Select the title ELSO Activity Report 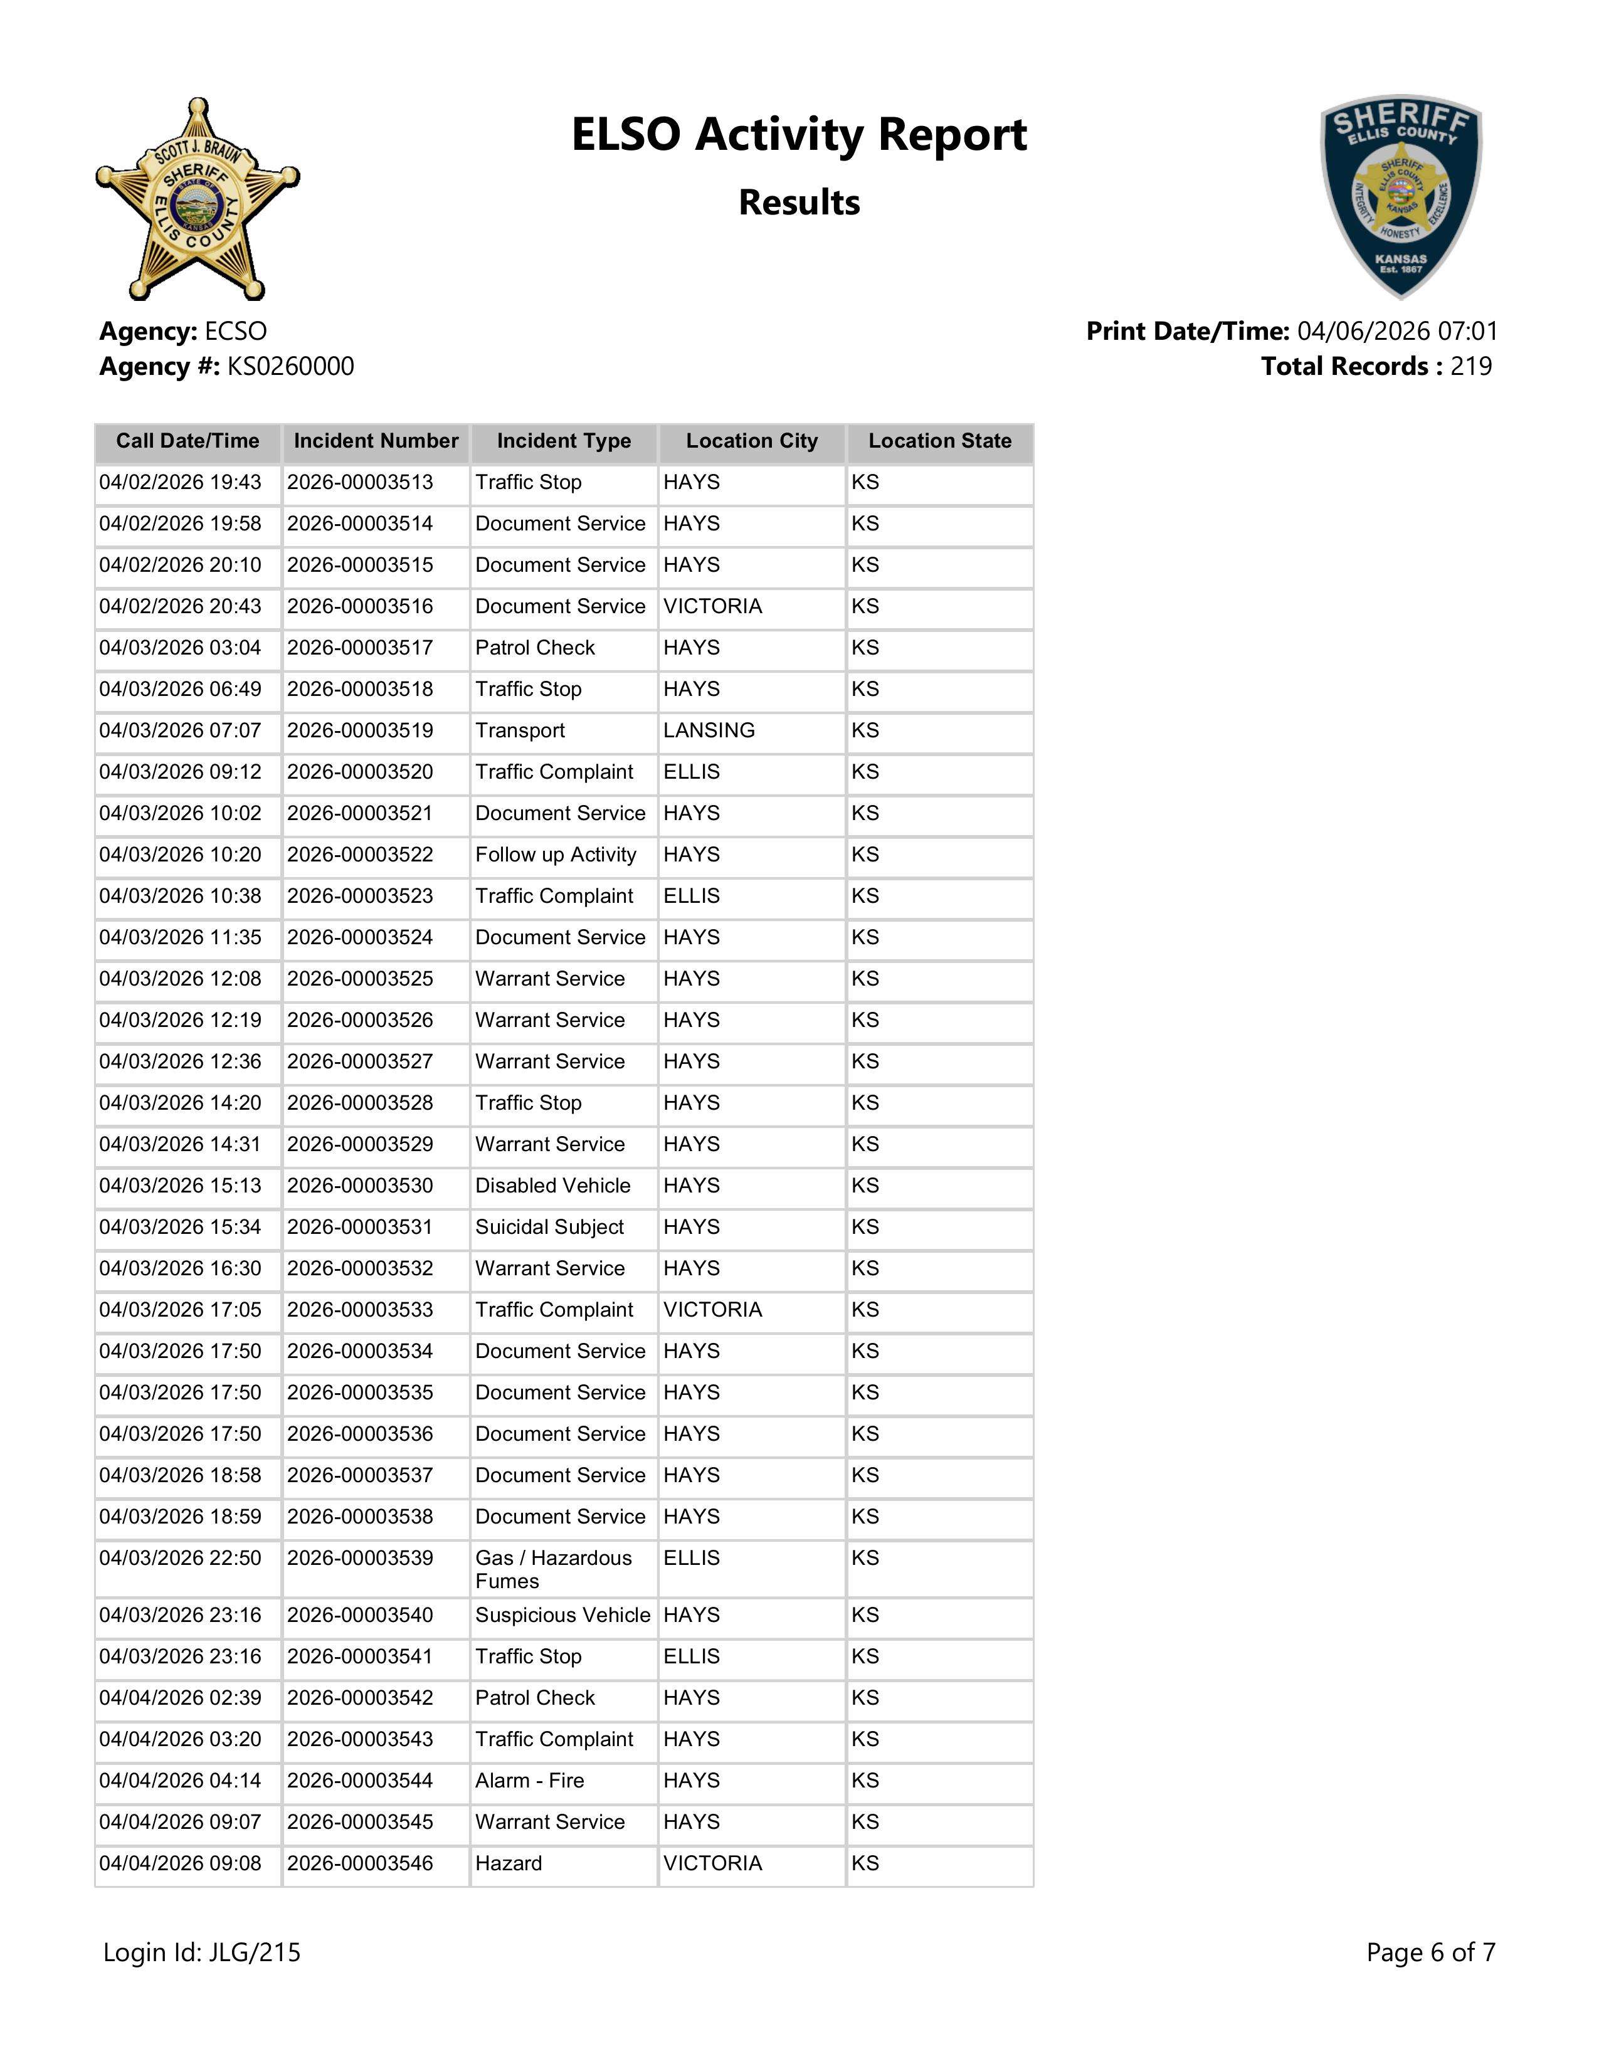tap(798, 135)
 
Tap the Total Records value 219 tap(1470, 367)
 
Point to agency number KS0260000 tap(291, 367)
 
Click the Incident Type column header tap(564, 441)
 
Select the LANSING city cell tap(709, 730)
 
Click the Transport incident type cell tap(520, 730)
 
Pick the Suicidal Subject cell tap(549, 1227)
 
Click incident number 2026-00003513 tap(360, 482)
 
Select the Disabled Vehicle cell tap(552, 1186)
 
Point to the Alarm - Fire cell tap(529, 1781)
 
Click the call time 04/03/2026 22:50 tap(180, 1559)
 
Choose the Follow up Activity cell tap(555, 855)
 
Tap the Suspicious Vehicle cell tap(562, 1615)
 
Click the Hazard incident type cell tap(509, 1863)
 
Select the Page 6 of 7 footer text tap(1430, 1952)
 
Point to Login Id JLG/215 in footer tap(202, 1952)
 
